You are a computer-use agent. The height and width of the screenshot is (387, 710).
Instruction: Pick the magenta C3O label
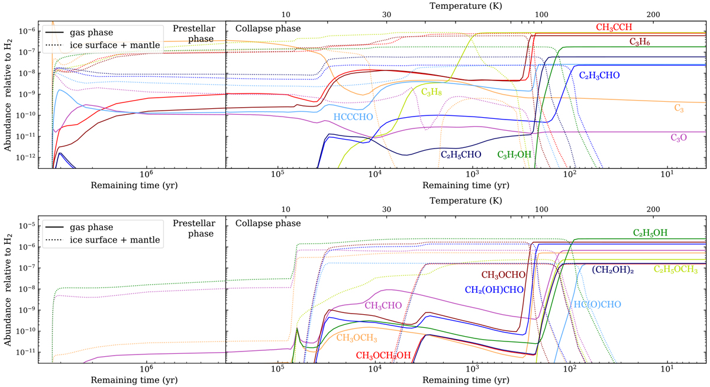click(679, 137)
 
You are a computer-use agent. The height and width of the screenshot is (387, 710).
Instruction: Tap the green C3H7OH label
click(515, 155)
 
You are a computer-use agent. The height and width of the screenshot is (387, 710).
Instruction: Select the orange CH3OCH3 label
click(360, 338)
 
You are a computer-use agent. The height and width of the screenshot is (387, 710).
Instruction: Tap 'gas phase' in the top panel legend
click(72, 29)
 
